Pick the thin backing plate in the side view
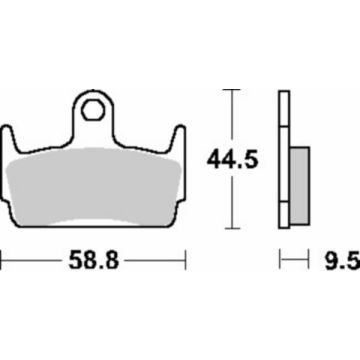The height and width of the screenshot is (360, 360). click(286, 160)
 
